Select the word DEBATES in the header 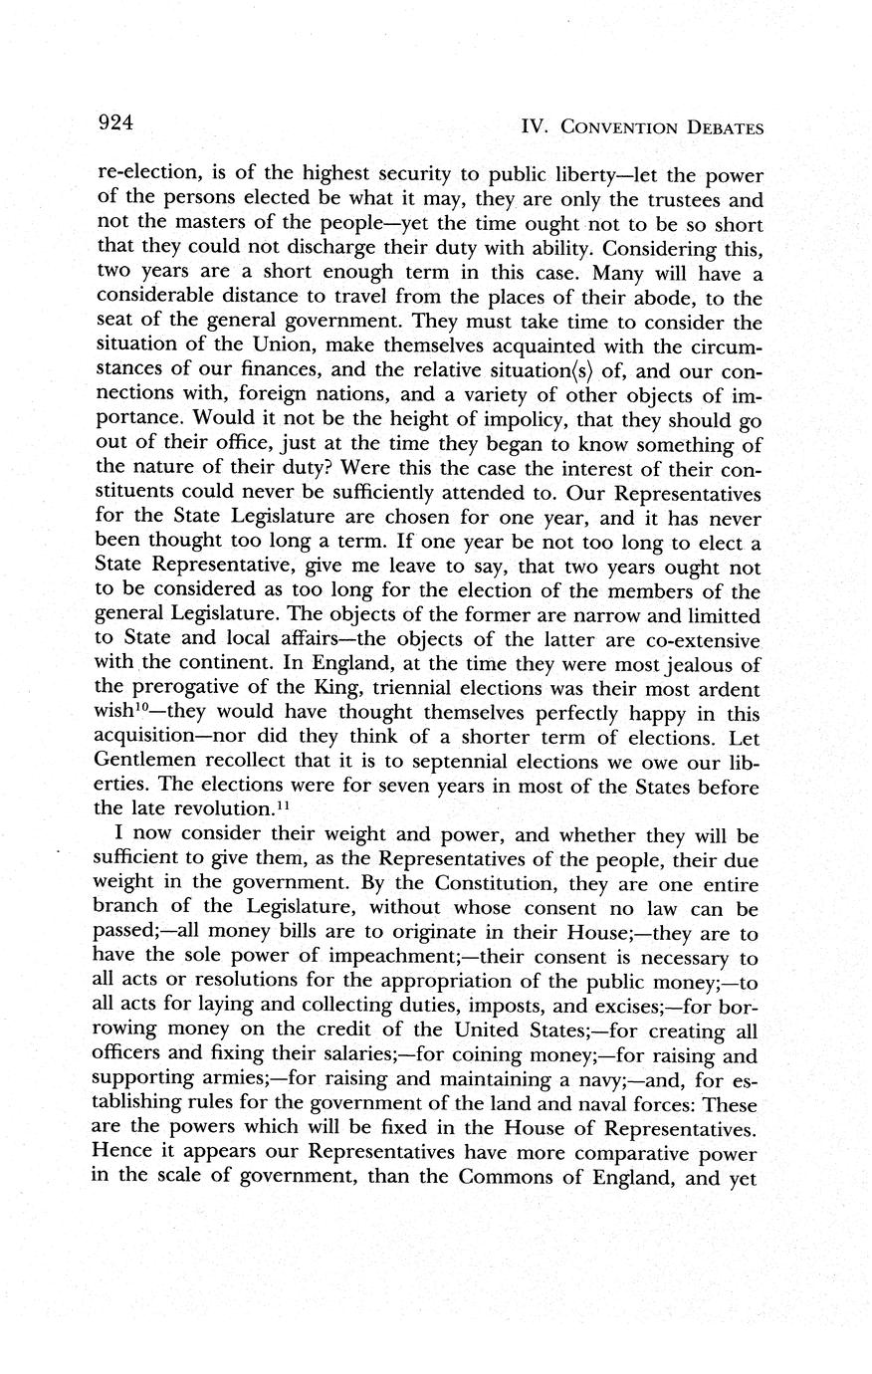(x=720, y=127)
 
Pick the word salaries (x=334, y=1055)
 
